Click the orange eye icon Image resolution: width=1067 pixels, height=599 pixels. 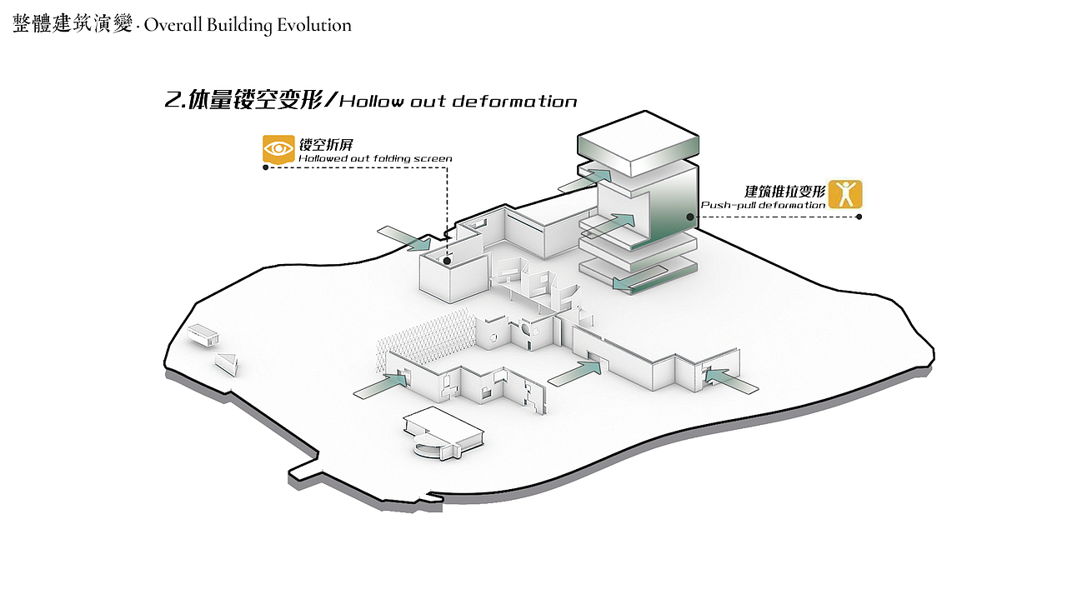coord(278,149)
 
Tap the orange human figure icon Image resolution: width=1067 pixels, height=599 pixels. coord(845,194)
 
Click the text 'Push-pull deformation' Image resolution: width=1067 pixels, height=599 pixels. coord(763,205)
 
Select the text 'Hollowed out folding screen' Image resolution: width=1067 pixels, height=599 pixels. coord(375,158)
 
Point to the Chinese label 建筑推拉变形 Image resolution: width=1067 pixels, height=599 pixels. coord(784,191)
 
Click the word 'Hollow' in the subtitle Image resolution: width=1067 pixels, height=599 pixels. coord(371,102)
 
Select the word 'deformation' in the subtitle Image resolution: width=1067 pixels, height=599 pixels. coord(514,102)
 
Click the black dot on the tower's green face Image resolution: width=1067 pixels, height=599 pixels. coord(690,217)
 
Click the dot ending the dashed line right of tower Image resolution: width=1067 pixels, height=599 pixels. coord(859,217)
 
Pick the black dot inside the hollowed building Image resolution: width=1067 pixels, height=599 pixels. coord(448,261)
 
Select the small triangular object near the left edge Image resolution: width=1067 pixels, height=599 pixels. coord(227,362)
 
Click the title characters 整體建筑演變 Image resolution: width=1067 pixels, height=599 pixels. coord(73,25)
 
